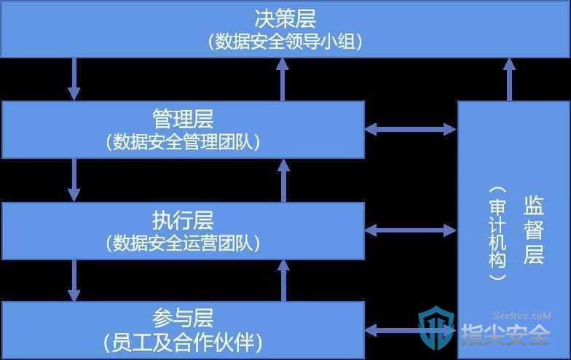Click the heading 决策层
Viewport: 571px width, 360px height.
click(x=285, y=19)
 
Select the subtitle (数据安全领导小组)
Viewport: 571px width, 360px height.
click(x=285, y=42)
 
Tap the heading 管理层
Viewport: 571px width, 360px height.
click(x=183, y=119)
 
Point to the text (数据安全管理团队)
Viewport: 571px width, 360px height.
click(x=183, y=141)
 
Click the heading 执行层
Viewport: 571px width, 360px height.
click(x=183, y=220)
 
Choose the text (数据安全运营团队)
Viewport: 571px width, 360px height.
click(x=183, y=243)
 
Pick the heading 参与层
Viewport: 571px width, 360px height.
click(x=183, y=318)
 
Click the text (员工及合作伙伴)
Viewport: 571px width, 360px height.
click(x=183, y=343)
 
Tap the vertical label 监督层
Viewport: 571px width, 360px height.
click(x=534, y=230)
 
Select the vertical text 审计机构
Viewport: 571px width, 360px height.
click(x=498, y=233)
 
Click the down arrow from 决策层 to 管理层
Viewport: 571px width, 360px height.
click(x=74, y=79)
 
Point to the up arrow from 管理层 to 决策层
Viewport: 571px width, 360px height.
click(x=283, y=79)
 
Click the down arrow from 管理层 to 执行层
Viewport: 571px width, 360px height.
click(x=74, y=180)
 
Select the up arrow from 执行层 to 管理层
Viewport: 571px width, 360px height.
click(x=283, y=181)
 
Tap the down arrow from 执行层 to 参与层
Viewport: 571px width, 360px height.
click(x=74, y=281)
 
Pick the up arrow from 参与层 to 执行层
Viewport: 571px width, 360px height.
click(x=283, y=281)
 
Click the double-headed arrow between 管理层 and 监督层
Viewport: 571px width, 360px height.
click(x=411, y=129)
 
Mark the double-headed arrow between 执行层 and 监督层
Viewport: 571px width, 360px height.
click(x=411, y=230)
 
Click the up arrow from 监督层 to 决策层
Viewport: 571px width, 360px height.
click(x=509, y=79)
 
